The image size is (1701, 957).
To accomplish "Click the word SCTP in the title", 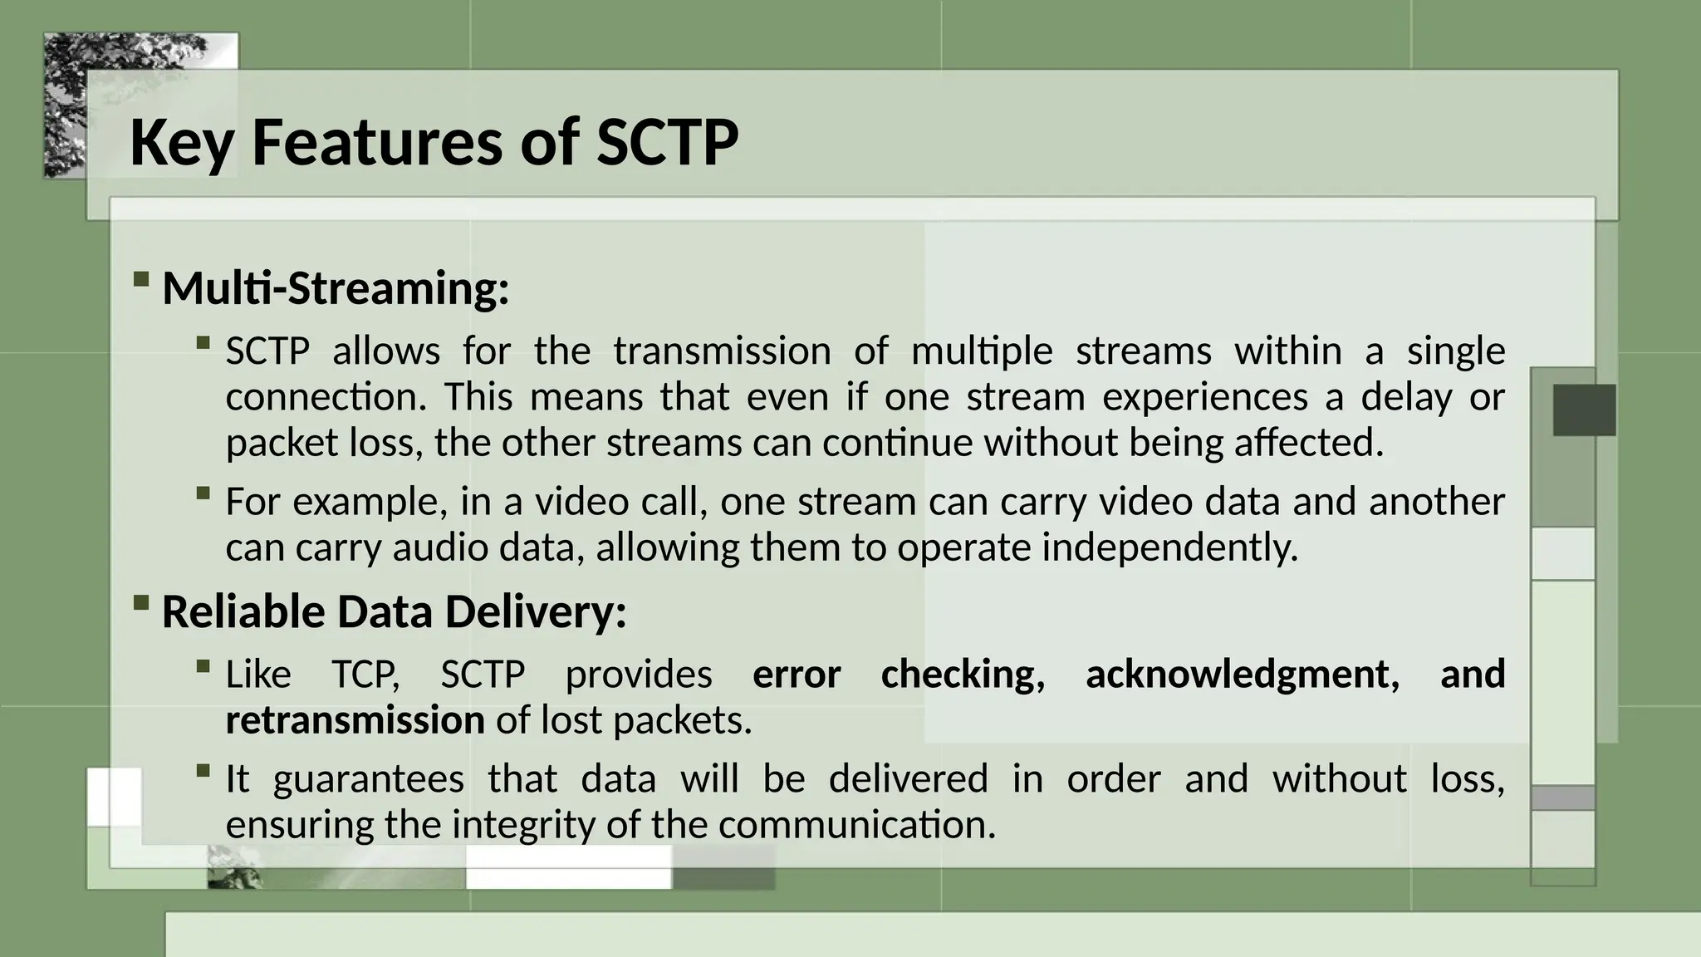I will click(x=667, y=142).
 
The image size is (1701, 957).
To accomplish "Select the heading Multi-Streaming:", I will click(x=335, y=288).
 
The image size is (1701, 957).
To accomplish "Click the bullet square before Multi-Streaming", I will click(x=140, y=278).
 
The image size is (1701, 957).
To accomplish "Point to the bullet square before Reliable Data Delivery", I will click(x=140, y=601).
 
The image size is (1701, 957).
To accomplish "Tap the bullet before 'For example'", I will click(x=203, y=493).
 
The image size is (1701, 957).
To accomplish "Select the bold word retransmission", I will click(x=355, y=719).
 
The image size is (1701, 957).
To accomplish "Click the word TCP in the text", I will click(x=365, y=674).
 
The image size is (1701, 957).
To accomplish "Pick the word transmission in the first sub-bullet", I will click(x=721, y=351).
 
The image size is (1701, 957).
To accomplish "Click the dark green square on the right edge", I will click(x=1584, y=410).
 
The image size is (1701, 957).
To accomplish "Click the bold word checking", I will click(x=962, y=674).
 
